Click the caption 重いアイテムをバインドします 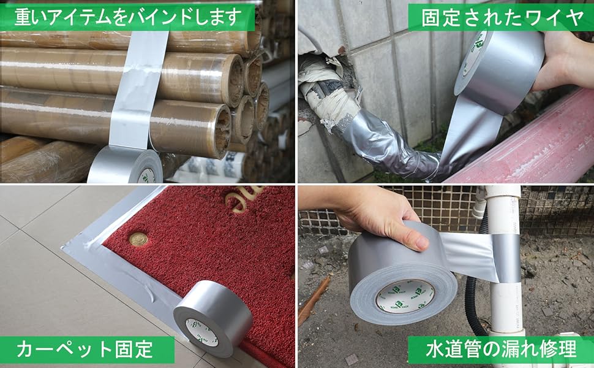127,17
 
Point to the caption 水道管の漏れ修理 501,350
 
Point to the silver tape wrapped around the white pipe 506,258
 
